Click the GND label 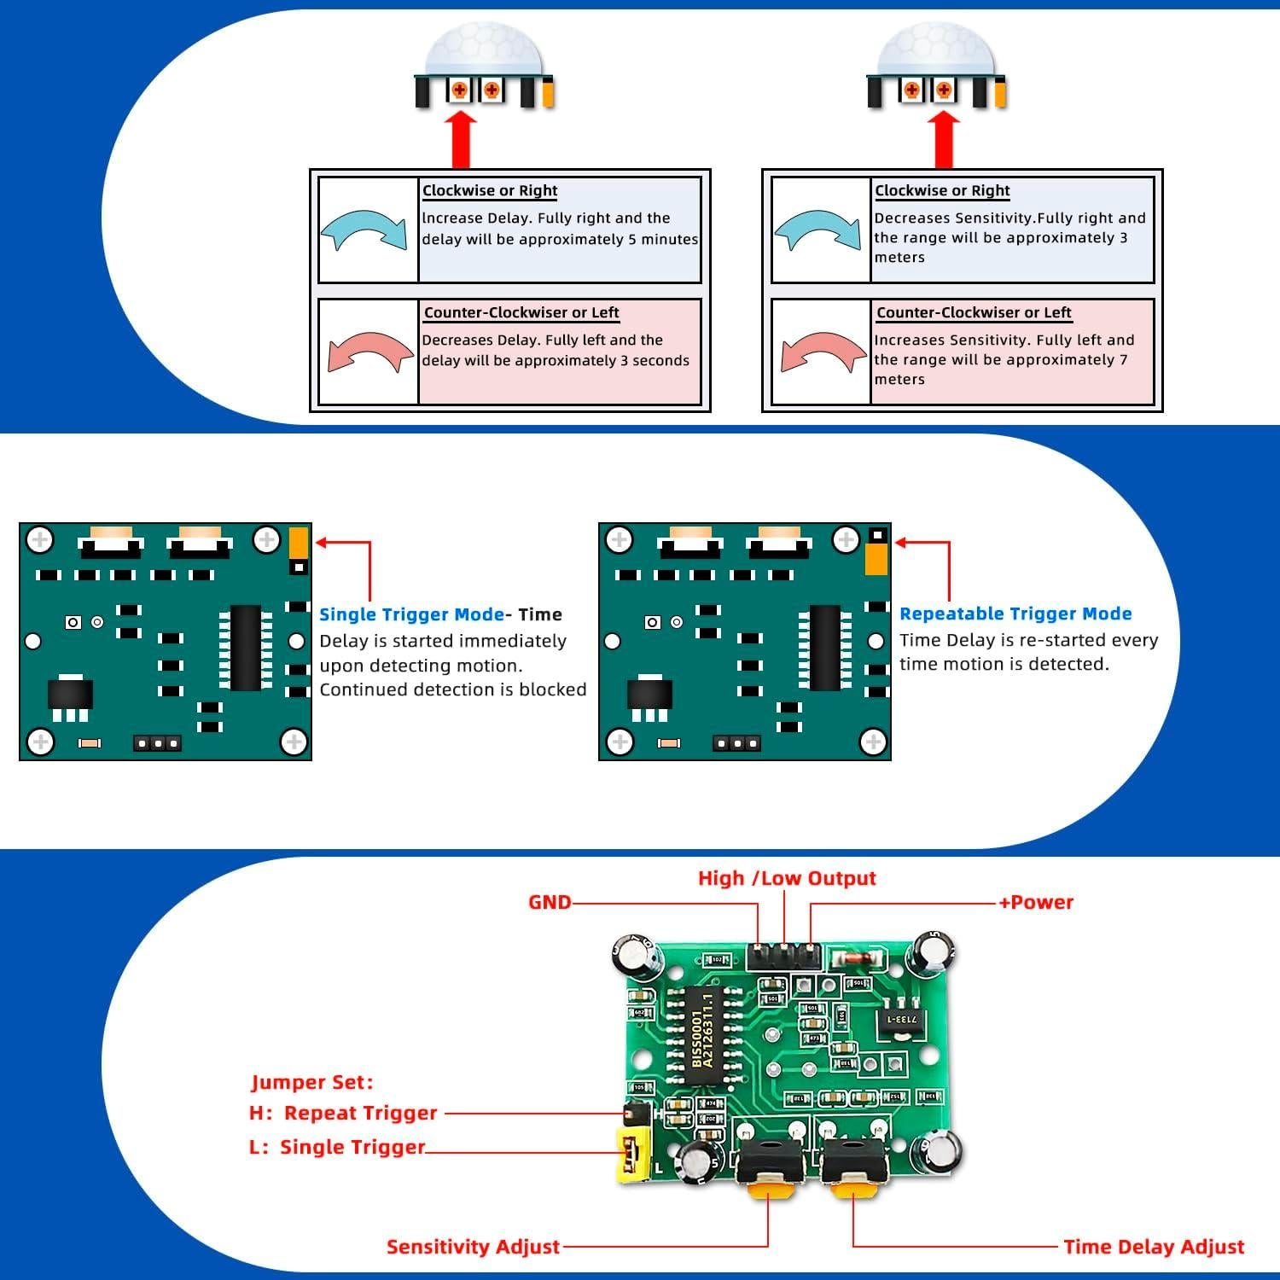(x=550, y=902)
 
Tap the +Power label (x=1036, y=902)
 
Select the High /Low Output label (x=787, y=878)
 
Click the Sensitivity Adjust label (x=473, y=1247)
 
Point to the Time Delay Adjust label (x=1154, y=1247)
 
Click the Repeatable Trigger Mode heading (x=1015, y=614)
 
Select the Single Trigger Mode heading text (x=411, y=614)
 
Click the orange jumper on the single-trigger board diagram (x=298, y=542)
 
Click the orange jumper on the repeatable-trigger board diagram (x=876, y=559)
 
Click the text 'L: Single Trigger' (x=337, y=1147)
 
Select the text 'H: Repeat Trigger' (x=343, y=1113)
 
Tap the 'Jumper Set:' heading (x=312, y=1082)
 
